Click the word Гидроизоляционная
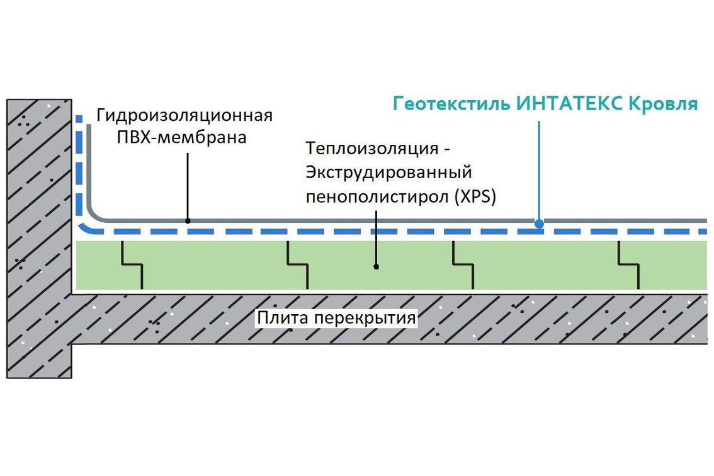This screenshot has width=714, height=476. tap(184, 116)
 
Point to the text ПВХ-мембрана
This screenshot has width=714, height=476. tap(182, 137)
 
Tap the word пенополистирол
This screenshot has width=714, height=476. tap(375, 196)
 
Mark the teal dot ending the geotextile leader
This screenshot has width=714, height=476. tap(539, 223)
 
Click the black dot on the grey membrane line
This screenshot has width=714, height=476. tap(188, 220)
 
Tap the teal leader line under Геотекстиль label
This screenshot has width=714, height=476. tap(539, 170)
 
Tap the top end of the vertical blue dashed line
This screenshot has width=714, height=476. tap(79, 118)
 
